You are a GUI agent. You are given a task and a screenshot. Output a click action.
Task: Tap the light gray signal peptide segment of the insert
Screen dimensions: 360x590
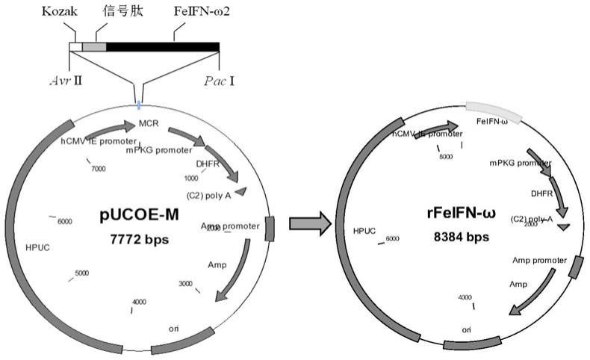[x=94, y=47]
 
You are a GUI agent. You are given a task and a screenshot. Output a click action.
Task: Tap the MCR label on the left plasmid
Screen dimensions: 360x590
[x=146, y=123]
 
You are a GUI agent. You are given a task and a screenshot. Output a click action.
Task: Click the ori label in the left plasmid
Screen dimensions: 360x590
[x=175, y=327]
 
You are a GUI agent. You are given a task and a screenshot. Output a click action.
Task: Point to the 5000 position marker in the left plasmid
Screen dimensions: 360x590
[x=82, y=273]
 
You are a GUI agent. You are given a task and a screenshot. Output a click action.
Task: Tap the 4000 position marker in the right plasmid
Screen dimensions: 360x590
[x=465, y=297]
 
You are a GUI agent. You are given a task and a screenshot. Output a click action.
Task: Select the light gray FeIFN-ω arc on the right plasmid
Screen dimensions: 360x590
[x=494, y=109]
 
